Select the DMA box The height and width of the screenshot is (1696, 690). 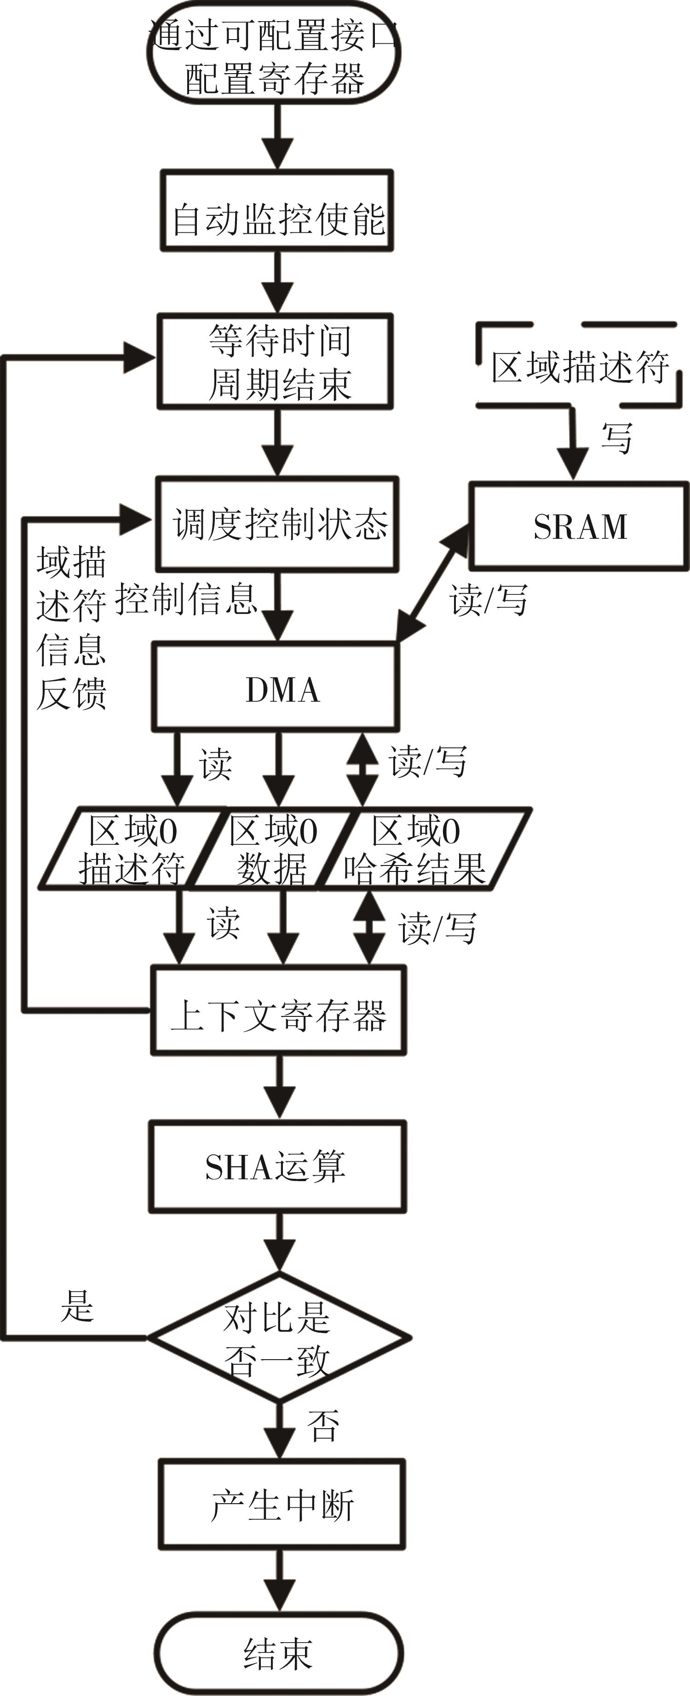(276, 688)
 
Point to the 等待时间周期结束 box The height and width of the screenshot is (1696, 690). (275, 362)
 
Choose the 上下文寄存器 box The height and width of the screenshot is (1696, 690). (278, 1010)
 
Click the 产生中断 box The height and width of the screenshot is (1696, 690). (282, 1505)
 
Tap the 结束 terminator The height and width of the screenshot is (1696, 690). (278, 1653)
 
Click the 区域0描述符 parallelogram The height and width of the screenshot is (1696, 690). (130, 849)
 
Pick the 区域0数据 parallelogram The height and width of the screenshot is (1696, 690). (272, 849)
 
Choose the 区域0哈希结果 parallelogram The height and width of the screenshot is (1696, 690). (421, 849)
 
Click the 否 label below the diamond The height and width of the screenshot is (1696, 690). (322, 1426)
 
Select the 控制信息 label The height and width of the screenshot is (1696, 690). (186, 599)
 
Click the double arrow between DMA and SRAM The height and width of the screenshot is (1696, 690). (433, 583)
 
